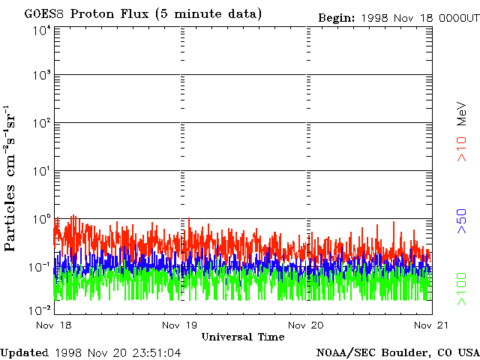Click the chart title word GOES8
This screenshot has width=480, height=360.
(x=44, y=13)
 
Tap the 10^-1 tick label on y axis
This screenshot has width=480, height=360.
(x=40, y=267)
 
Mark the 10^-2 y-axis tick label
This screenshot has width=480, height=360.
(x=40, y=310)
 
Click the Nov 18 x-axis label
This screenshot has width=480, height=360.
(x=54, y=325)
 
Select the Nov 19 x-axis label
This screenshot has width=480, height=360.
(x=180, y=325)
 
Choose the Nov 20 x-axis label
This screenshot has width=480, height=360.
(x=306, y=325)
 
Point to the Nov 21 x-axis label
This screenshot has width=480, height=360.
(x=431, y=325)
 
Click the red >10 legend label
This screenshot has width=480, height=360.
(x=462, y=149)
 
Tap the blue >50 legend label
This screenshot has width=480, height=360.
(x=462, y=221)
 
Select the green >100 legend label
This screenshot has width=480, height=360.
(x=462, y=289)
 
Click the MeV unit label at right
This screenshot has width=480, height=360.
(x=462, y=114)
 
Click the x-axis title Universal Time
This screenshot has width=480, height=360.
(x=243, y=337)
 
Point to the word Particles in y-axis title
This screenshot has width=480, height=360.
(x=10, y=217)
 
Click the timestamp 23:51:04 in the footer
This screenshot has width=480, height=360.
(x=157, y=353)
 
